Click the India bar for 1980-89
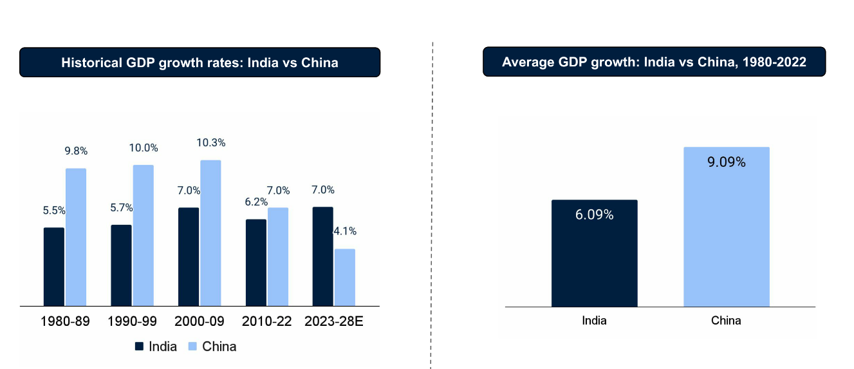54,267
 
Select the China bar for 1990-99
143,235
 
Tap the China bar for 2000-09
210,232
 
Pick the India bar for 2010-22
256,262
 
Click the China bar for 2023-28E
345,277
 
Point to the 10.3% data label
212,143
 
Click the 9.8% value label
76,151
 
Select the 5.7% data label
121,208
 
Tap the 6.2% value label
256,202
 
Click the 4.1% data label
346,231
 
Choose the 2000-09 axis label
200,321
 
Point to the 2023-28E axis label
333,321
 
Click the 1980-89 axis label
65,321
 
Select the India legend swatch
139,346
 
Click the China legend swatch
192,346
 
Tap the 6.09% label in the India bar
594,215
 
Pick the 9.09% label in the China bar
726,162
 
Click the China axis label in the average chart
726,321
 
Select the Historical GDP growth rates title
200,62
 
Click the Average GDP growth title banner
654,62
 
